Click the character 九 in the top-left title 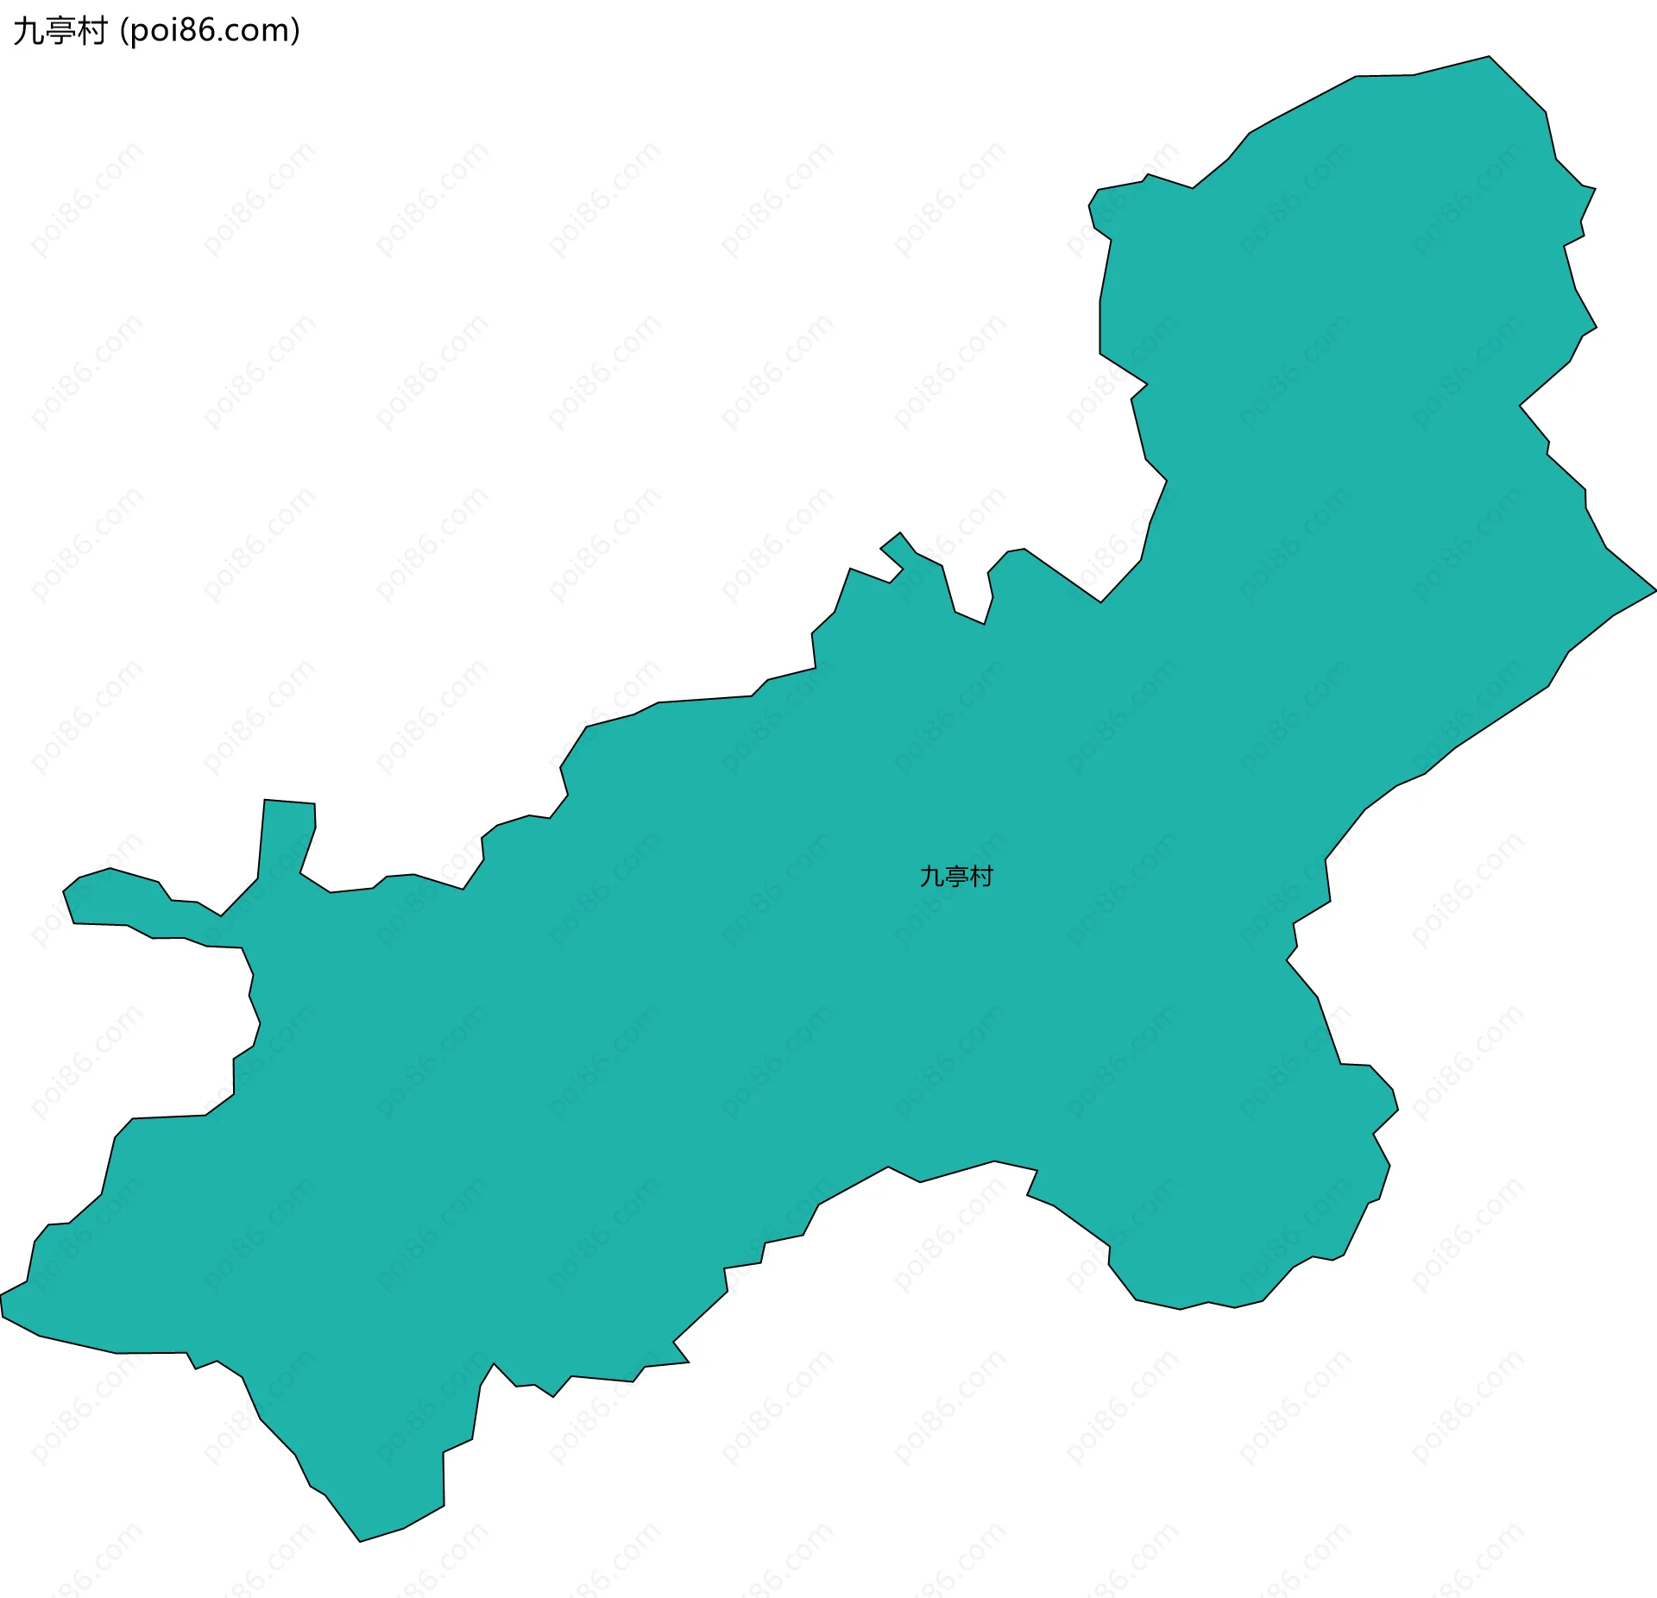[x=28, y=31]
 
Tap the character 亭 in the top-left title [x=60, y=31]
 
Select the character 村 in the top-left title [x=91, y=31]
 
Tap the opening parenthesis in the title [x=124, y=31]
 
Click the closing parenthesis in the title [x=295, y=31]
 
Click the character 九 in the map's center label [x=932, y=877]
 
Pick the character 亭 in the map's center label [x=956, y=877]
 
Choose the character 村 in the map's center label [x=981, y=877]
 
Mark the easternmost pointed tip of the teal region [x=1654, y=591]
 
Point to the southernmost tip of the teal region [x=360, y=1540]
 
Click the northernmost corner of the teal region [x=1489, y=58]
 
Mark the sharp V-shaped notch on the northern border [x=984, y=621]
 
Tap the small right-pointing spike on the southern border [x=686, y=1362]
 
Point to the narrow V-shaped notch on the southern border [x=494, y=1366]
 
